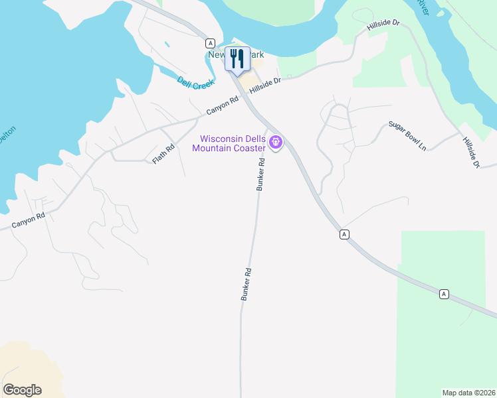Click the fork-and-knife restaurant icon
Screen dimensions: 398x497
(237, 58)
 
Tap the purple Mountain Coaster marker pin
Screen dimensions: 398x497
(275, 142)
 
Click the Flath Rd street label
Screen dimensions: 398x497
(163, 155)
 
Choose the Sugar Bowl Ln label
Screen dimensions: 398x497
(407, 135)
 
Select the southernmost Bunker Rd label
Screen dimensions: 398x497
(246, 285)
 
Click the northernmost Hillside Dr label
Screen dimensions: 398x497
(383, 27)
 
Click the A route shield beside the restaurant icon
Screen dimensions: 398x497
(210, 42)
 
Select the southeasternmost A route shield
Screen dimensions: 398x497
(444, 294)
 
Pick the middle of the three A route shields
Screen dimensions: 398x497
(344, 234)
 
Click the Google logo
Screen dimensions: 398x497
(22, 390)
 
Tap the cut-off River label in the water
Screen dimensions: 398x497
(423, 7)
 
